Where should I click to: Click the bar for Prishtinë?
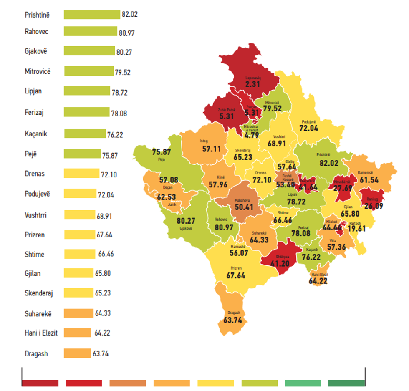pyautogui.click(x=92, y=15)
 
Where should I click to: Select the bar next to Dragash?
pyautogui.click(x=77, y=353)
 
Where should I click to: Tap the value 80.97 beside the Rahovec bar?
pyautogui.click(x=126, y=33)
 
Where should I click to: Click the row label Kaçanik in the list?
pyautogui.click(x=36, y=134)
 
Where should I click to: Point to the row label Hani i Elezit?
pyautogui.click(x=41, y=333)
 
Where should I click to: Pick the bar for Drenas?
pyautogui.click(x=81, y=173)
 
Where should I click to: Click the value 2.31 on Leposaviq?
pyautogui.click(x=253, y=84)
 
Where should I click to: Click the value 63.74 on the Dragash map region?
pyautogui.click(x=233, y=320)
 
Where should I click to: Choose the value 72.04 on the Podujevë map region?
pyautogui.click(x=308, y=129)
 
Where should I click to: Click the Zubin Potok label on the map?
pyautogui.click(x=225, y=110)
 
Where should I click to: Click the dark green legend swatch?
pyautogui.click(x=346, y=383)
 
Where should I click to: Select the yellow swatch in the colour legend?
pyautogui.click(x=215, y=383)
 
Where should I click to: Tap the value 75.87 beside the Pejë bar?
pyautogui.click(x=110, y=155)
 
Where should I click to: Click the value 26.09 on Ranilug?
pyautogui.click(x=374, y=205)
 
